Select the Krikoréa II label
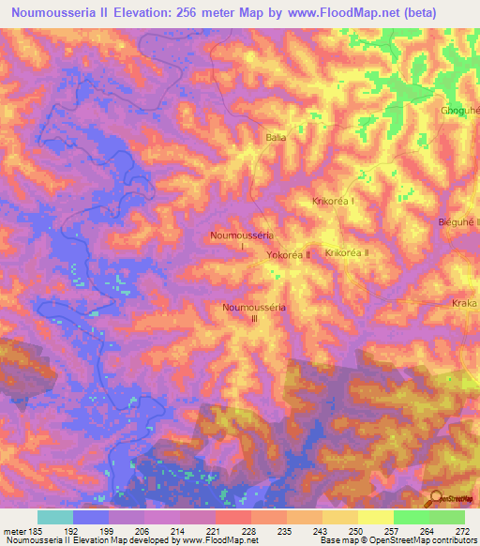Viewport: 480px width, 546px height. (347, 253)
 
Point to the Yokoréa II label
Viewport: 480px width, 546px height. (288, 254)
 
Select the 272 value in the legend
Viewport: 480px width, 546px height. (461, 530)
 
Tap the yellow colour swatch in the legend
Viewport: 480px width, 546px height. (375, 517)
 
